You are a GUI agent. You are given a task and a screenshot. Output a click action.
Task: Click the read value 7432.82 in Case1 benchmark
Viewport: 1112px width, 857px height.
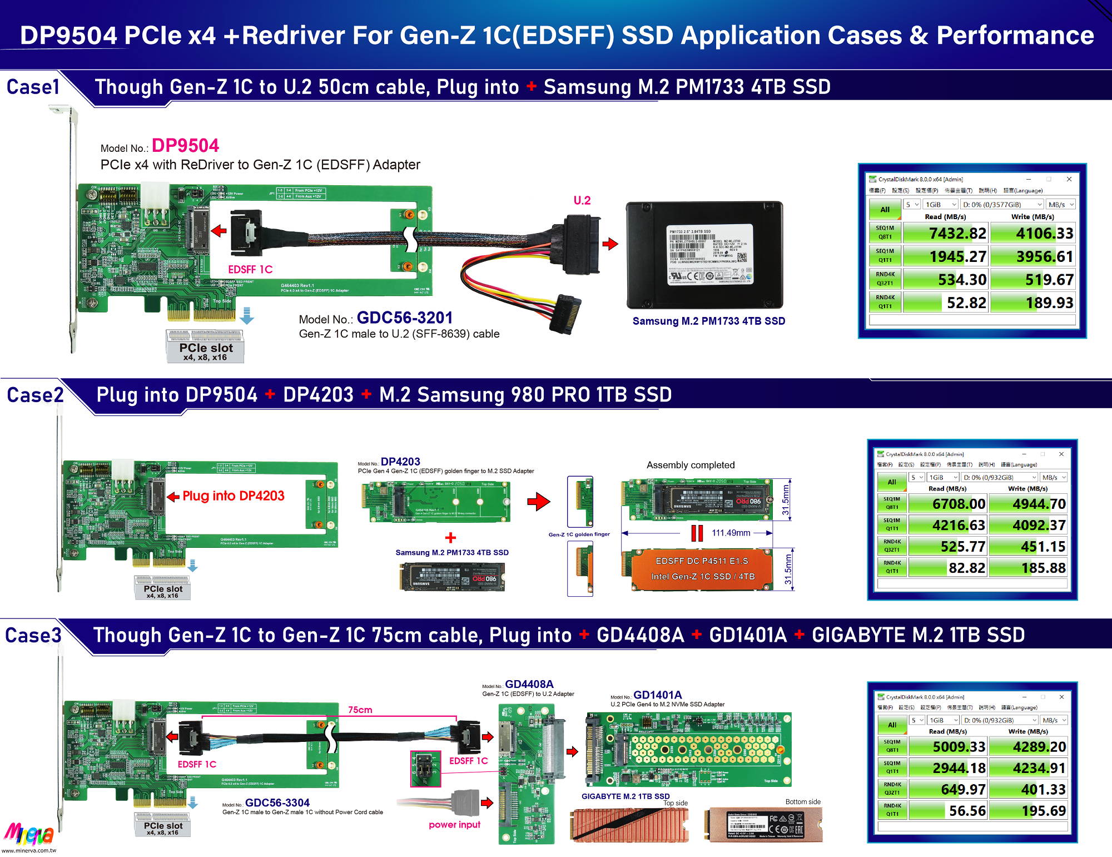coord(957,234)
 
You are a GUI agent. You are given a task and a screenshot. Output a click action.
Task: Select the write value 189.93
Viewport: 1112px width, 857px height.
coord(1049,303)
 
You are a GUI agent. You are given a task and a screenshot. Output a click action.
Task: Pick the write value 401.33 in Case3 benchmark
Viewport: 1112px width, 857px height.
coord(1043,789)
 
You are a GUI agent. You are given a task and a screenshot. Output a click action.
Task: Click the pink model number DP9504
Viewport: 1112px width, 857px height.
coord(185,146)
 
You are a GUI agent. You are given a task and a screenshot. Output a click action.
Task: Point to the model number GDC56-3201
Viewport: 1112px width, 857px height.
coord(404,318)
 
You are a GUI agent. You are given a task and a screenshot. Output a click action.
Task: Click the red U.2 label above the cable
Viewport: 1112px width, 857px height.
coord(582,200)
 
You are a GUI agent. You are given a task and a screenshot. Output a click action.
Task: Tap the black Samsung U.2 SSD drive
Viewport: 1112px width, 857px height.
coord(704,255)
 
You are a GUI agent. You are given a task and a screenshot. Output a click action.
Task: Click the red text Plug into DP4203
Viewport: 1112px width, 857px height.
coord(233,496)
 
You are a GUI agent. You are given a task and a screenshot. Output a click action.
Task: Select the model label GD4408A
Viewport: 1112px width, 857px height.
coord(529,684)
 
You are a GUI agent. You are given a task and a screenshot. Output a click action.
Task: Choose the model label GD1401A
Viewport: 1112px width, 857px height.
coord(657,695)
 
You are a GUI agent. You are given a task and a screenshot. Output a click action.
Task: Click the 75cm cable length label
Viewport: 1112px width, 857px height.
coord(360,710)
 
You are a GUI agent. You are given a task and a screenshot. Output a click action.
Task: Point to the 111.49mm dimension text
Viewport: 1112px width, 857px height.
coord(731,533)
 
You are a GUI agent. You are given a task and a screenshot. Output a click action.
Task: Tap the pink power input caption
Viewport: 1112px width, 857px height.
coord(454,824)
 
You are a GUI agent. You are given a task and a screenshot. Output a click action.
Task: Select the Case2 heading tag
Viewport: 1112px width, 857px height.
coord(34,395)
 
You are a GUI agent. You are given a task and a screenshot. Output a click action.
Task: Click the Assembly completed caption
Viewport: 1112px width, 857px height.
coord(690,465)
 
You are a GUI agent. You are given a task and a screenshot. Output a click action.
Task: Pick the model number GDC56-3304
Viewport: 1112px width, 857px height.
coord(277,802)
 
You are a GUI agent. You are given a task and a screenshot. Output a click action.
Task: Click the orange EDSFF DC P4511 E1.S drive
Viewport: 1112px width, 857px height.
coord(702,569)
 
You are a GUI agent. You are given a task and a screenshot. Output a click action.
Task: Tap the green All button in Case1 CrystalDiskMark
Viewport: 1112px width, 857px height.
coord(885,210)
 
